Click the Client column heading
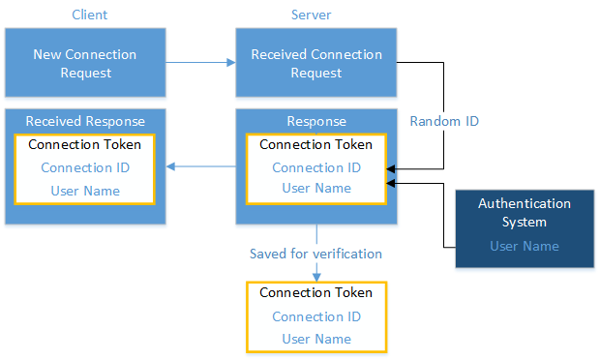89,15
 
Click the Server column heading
315,15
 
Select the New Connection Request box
85,63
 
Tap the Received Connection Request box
316,63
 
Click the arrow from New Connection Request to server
201,63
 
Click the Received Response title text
85,121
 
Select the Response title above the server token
316,121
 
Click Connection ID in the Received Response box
85,167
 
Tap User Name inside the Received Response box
85,190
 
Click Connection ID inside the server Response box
316,167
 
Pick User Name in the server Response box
316,188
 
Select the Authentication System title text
525,213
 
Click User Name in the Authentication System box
525,246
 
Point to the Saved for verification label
316,254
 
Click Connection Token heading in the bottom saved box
316,292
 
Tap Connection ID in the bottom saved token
316,316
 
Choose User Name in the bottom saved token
316,339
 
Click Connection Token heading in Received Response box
85,145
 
